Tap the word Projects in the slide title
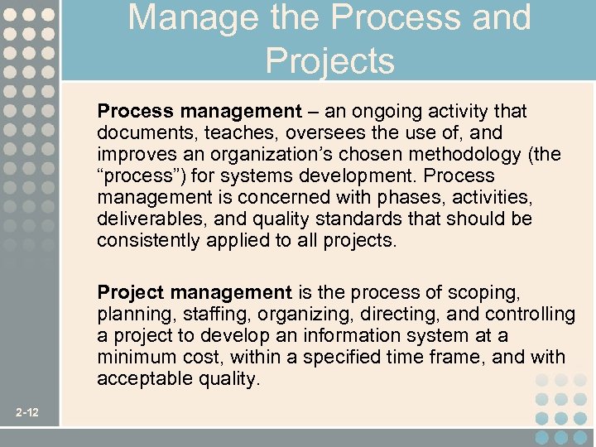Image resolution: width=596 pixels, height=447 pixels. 329,60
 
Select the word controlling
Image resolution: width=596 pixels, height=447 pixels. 530,314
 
